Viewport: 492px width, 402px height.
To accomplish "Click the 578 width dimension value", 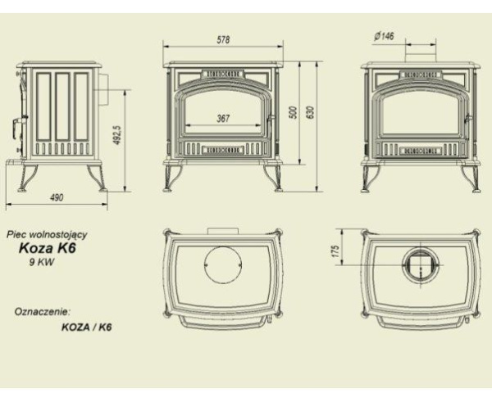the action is (x=223, y=40).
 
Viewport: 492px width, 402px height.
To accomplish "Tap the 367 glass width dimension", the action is (x=223, y=119).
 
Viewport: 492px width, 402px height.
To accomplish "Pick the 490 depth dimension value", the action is (x=57, y=197).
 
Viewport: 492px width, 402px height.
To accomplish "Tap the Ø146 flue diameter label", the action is (x=384, y=36).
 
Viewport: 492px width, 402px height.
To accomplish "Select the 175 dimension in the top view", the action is (x=335, y=251).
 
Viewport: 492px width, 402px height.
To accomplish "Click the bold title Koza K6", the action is (x=48, y=248).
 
